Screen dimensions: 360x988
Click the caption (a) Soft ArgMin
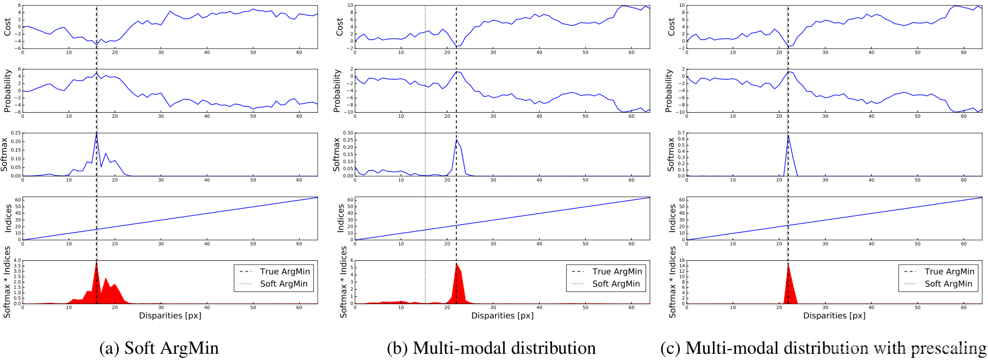[159, 348]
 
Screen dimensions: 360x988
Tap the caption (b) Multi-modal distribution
[491, 348]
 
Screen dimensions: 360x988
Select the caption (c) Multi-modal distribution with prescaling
[823, 348]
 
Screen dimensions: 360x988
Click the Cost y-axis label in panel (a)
[7, 26]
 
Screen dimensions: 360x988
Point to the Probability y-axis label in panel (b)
[338, 91]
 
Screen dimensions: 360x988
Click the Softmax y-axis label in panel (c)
[670, 155]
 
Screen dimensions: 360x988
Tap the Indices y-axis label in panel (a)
[7, 219]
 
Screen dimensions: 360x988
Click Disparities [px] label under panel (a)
[170, 315]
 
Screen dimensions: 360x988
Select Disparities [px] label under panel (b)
[502, 315]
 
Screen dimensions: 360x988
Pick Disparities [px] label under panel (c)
[834, 315]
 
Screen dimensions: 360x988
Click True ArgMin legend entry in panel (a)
[284, 272]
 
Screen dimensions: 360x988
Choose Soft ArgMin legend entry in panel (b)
[616, 284]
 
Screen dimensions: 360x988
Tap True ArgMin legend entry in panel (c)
[949, 272]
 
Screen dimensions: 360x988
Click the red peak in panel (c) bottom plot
[788, 282]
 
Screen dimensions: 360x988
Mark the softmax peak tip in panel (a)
[96, 134]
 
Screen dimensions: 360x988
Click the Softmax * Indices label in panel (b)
[344, 282]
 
